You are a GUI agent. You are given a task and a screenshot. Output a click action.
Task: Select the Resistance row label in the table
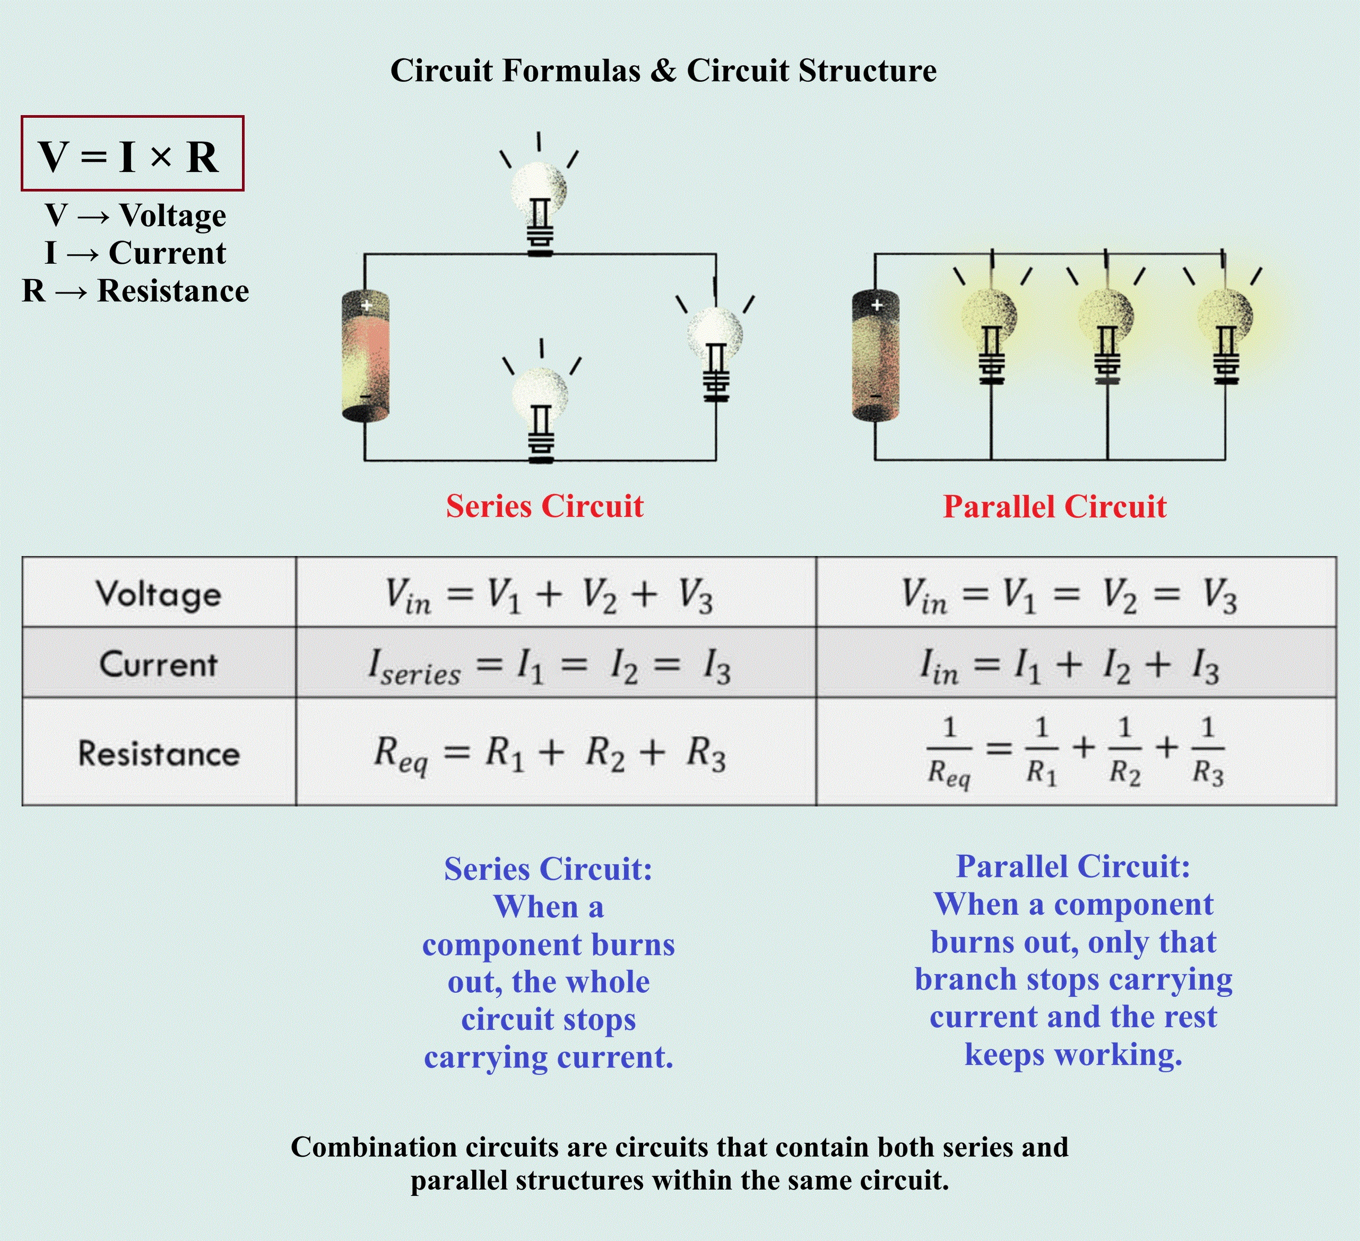(159, 753)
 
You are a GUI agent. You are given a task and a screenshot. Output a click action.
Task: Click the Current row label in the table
(159, 664)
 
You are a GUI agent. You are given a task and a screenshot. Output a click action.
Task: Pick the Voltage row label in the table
(159, 594)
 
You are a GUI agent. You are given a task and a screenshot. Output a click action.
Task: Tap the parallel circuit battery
(875, 356)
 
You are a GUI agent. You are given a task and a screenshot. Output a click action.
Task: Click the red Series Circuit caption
(545, 506)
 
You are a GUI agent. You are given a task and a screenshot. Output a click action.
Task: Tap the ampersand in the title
(664, 71)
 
